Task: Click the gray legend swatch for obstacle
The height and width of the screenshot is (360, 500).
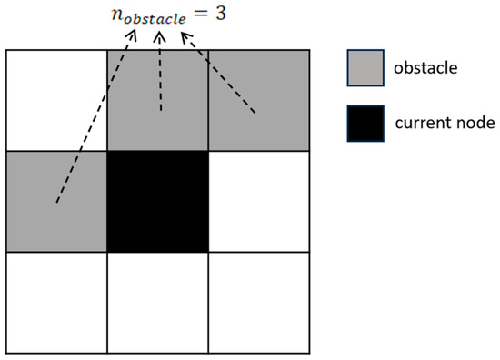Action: tap(365, 68)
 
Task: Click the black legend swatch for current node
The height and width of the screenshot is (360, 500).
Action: tap(365, 124)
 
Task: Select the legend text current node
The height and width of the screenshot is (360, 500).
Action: tap(442, 124)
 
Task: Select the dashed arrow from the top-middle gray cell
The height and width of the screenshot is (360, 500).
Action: tap(161, 73)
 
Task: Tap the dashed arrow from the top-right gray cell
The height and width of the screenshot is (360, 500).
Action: tap(218, 73)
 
